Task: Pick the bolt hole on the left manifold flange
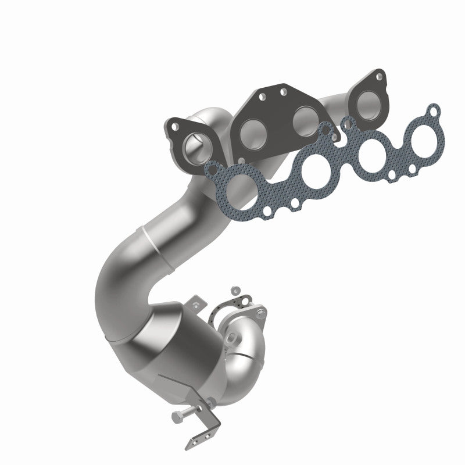tap(173, 124)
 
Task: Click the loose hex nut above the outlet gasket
tap(235, 289)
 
